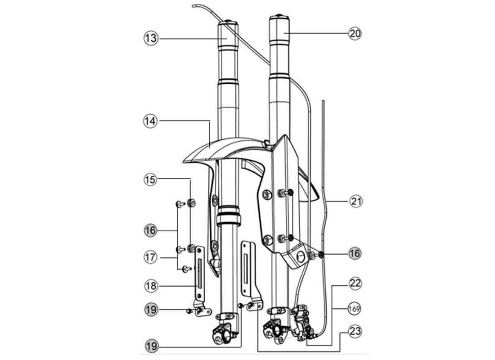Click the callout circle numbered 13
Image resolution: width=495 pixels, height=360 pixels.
coord(151,39)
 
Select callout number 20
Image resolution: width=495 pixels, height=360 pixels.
coord(355,33)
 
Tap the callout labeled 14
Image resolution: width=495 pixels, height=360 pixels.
coord(150,121)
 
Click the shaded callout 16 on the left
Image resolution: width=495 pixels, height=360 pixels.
coord(150,230)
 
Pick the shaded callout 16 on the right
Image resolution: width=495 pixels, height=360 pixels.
coord(355,253)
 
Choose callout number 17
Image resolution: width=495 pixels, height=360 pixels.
coord(150,257)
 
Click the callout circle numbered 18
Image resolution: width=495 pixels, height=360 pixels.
coord(151,286)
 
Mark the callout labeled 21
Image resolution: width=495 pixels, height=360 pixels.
coord(356,202)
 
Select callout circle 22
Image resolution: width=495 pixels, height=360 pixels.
coord(355,283)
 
